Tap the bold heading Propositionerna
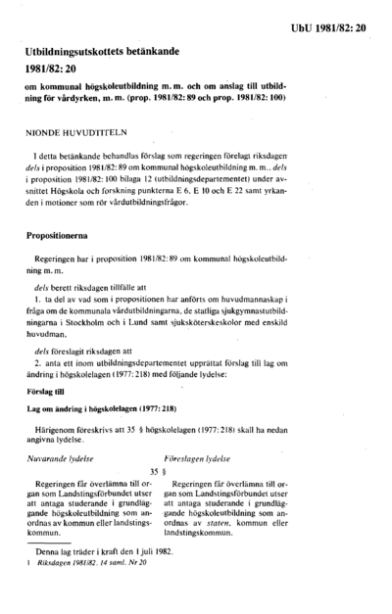click(x=67, y=236)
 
